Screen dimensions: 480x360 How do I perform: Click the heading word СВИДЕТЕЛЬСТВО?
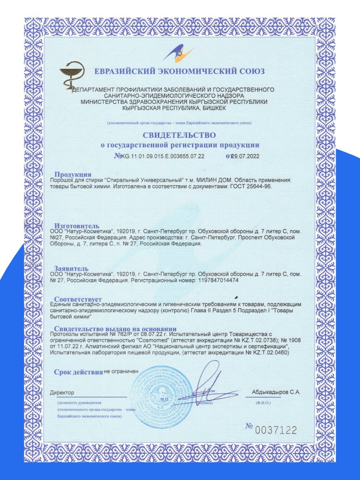[x=179, y=135]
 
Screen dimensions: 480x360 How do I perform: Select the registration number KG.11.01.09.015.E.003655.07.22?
[x=163, y=156]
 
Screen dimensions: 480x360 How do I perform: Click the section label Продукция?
[x=73, y=174]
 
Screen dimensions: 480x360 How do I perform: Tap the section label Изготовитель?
[x=77, y=226]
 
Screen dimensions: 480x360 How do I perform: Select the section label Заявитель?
[x=72, y=268]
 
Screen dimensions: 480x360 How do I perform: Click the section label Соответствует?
[x=78, y=299]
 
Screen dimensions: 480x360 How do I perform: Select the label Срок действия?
[x=78, y=372]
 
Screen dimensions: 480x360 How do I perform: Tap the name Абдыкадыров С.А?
[x=276, y=392]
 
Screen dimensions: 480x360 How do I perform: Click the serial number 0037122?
[x=276, y=430]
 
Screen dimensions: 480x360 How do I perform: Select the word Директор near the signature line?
[x=62, y=393]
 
